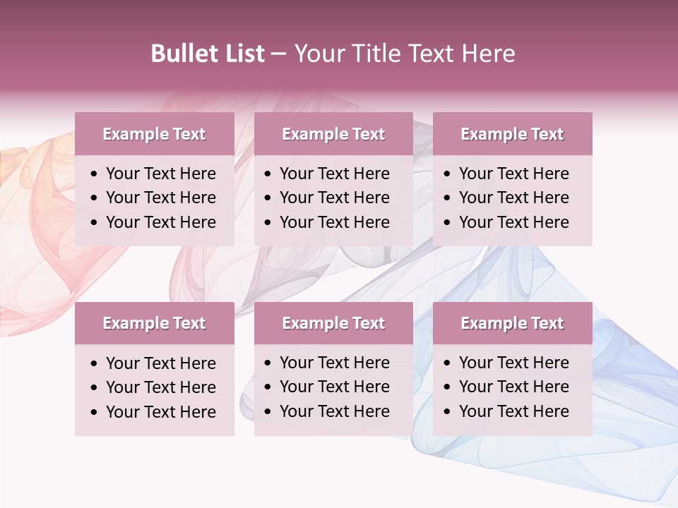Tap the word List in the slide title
click(x=242, y=54)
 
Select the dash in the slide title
click(x=278, y=54)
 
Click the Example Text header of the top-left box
click(x=154, y=134)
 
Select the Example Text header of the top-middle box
click(x=333, y=134)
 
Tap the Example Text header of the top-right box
click(x=512, y=134)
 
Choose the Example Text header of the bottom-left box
click(x=154, y=323)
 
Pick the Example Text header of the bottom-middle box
click(x=333, y=323)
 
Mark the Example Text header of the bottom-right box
click(x=512, y=323)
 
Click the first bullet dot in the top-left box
click(x=95, y=174)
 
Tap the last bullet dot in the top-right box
click(x=448, y=223)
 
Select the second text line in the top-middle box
click(x=334, y=198)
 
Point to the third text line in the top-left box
click(x=160, y=222)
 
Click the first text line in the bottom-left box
click(x=160, y=363)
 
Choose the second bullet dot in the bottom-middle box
click(x=268, y=387)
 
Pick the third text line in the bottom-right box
click(x=513, y=411)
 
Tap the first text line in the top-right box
click(x=513, y=174)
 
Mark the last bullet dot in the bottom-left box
click(x=95, y=413)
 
